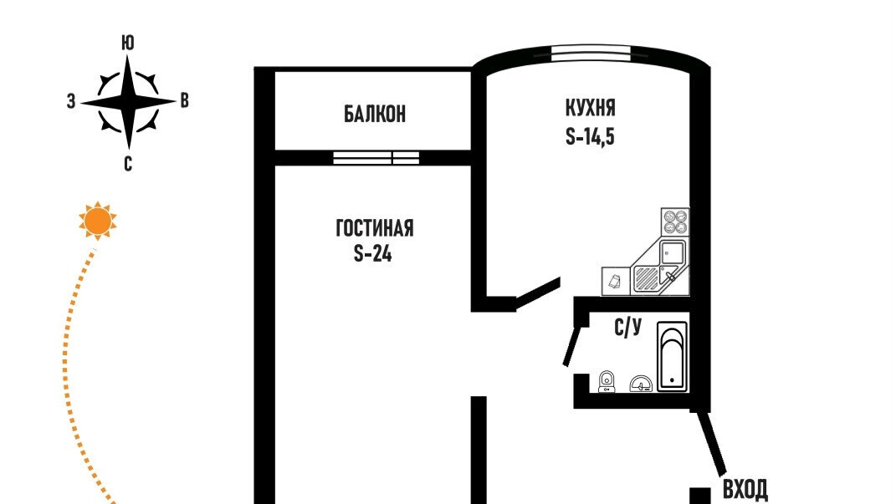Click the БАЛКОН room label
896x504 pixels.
[x=375, y=115]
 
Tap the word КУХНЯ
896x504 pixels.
[x=591, y=108]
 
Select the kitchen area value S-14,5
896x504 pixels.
[x=590, y=137]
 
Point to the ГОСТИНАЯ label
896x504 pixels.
[x=374, y=228]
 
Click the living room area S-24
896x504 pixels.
[x=372, y=253]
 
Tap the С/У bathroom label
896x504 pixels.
[x=628, y=328]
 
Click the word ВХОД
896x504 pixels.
[x=745, y=490]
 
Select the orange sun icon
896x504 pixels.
[x=98, y=221]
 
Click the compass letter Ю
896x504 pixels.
[x=128, y=43]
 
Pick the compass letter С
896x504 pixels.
[x=128, y=165]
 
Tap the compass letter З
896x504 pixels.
[x=71, y=102]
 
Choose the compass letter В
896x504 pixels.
[x=185, y=101]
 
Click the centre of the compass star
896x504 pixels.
[x=128, y=102]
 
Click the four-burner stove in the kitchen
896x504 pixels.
[x=675, y=221]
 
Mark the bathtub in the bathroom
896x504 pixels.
[x=672, y=357]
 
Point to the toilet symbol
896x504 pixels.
[x=607, y=381]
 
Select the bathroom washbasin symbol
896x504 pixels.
[x=641, y=384]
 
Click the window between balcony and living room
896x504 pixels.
[x=376, y=157]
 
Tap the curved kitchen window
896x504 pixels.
[x=591, y=53]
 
